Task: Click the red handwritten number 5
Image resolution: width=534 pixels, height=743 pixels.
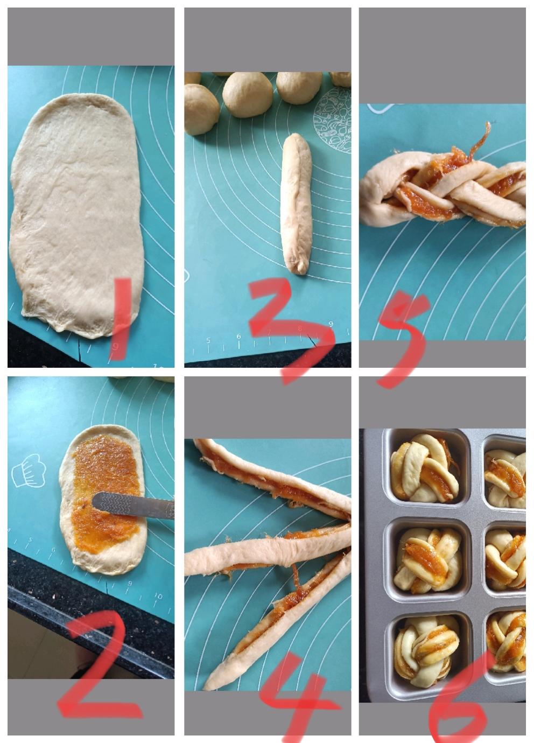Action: coord(403,338)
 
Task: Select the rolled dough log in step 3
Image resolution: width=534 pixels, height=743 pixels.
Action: coord(296,204)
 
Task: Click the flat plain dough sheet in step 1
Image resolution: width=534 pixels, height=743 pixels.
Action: coord(77,215)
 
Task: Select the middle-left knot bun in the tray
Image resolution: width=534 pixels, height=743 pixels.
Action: coord(428,560)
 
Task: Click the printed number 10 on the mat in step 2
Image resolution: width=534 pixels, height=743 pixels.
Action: coord(158,596)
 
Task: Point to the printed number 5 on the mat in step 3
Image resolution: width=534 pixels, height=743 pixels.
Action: coord(208,340)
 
